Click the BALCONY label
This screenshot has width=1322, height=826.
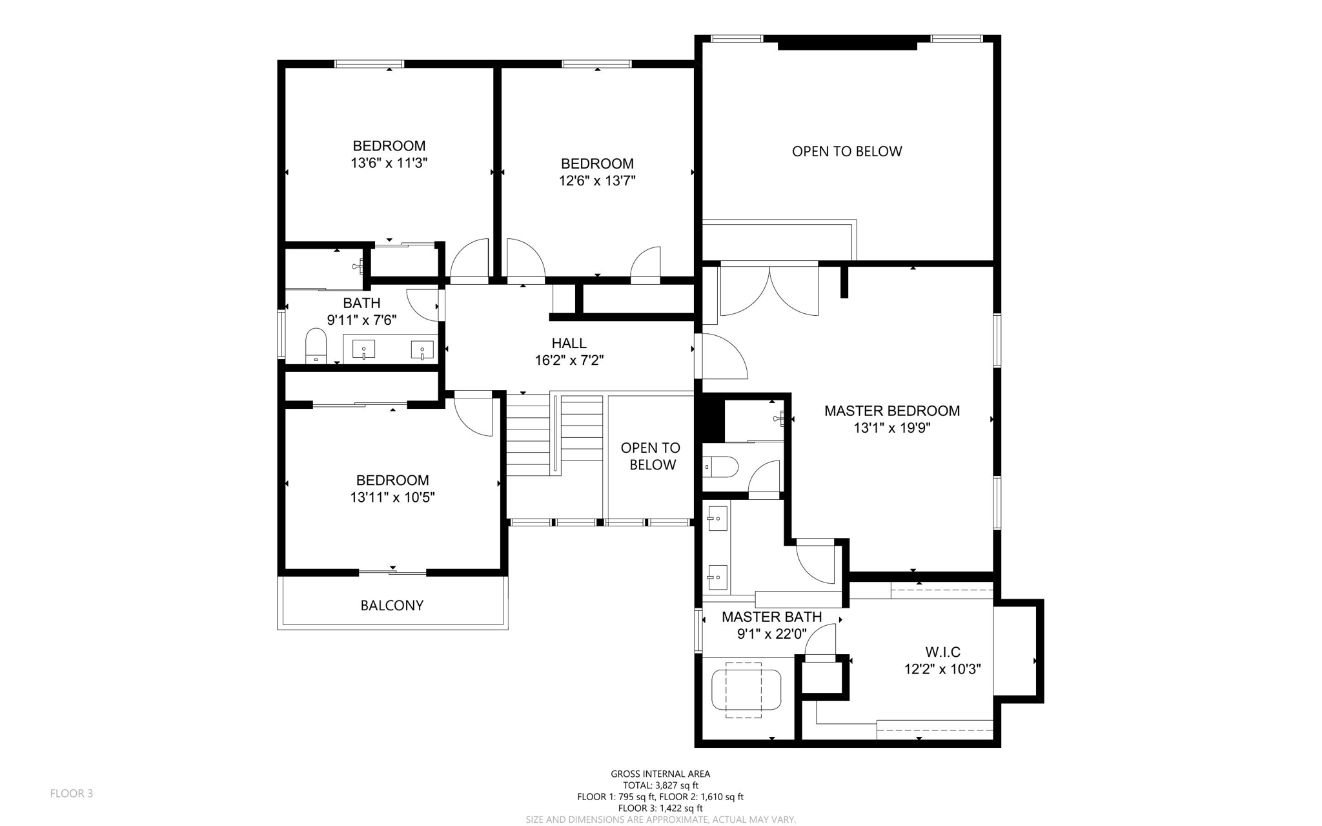[392, 605]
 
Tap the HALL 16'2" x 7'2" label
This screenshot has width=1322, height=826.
[569, 352]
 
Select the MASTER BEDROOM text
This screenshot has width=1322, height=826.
[891, 411]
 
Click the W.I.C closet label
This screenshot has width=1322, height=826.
[942, 652]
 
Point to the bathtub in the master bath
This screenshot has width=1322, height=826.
[746, 690]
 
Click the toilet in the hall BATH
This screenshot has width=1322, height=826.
[316, 345]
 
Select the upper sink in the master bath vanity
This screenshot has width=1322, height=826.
[717, 518]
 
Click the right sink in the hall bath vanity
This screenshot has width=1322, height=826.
[422, 350]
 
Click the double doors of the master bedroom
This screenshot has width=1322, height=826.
[769, 291]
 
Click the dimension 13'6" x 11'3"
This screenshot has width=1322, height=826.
[389, 163]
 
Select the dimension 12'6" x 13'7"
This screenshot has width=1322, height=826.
[597, 181]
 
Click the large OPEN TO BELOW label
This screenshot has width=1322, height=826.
[846, 151]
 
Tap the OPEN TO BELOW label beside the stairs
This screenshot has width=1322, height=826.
[651, 456]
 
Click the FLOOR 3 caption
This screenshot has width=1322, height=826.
[72, 793]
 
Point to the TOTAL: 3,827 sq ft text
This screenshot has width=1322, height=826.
[660, 785]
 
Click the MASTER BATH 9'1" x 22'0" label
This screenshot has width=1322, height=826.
[771, 625]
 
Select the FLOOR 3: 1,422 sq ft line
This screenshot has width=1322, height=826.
[660, 808]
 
